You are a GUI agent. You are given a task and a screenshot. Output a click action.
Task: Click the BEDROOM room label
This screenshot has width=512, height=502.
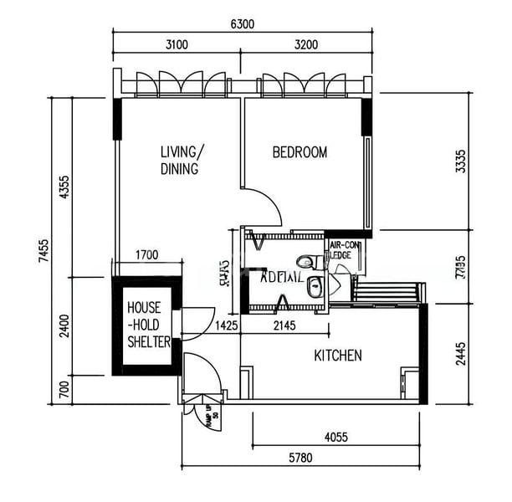(x=300, y=152)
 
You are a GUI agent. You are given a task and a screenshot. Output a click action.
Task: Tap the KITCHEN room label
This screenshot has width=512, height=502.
(x=338, y=356)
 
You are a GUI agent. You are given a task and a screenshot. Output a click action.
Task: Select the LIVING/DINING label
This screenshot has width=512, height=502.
(x=181, y=161)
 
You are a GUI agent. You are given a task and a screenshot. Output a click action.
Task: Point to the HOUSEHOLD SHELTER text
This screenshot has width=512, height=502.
(x=148, y=325)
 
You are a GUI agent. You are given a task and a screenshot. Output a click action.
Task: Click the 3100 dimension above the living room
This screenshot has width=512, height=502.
(x=177, y=45)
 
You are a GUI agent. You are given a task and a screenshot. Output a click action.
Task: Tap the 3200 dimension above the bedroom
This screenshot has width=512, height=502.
(x=305, y=45)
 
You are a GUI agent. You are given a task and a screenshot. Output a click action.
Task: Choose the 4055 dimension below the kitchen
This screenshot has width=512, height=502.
(x=335, y=436)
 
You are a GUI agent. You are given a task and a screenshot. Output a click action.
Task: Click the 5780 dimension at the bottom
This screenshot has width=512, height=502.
(x=302, y=458)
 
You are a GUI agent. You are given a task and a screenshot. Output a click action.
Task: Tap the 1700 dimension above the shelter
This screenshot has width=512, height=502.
(x=147, y=256)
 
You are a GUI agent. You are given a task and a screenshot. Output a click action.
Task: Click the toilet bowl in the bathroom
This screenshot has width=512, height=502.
(x=305, y=262)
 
